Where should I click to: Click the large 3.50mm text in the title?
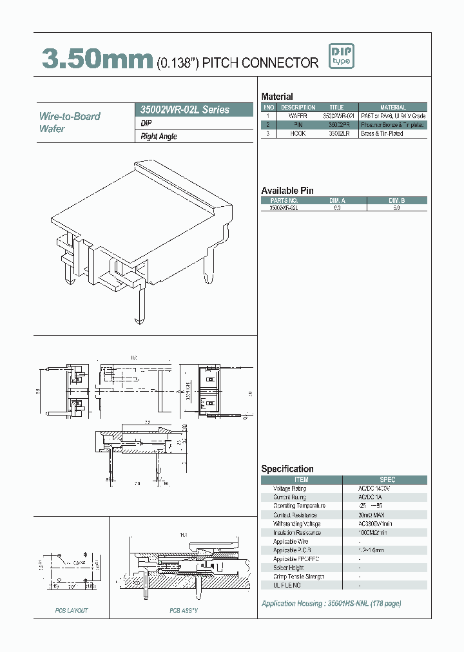point(97,60)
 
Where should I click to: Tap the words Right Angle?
point(159,137)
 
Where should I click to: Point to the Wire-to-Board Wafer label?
point(70,122)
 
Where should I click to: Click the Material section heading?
point(277,97)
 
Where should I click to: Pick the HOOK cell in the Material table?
point(297,133)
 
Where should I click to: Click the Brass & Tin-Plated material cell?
point(382,133)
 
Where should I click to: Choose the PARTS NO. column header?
point(284,200)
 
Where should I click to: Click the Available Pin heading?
point(287,191)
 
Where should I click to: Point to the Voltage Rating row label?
point(289,489)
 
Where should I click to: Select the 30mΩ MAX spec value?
point(373,515)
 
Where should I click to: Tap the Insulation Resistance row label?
point(296,533)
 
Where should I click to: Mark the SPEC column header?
point(387,479)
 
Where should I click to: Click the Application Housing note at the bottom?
point(331,604)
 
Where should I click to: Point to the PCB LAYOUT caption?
point(71,610)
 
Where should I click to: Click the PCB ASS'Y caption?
point(183,610)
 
